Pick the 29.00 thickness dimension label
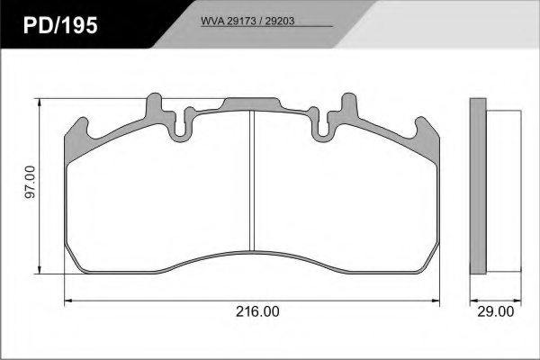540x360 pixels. click(495, 311)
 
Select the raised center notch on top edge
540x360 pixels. click(251, 103)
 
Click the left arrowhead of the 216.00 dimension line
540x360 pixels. click(69, 300)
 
